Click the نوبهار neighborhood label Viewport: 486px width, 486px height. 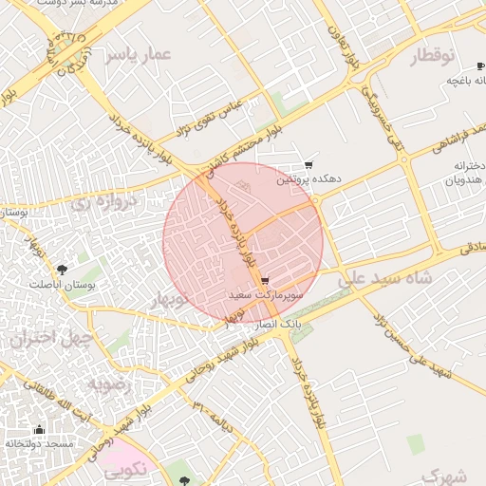169,300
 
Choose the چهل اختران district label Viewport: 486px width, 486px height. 51,338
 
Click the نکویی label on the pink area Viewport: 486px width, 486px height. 125,467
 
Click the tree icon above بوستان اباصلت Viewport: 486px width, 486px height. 63,269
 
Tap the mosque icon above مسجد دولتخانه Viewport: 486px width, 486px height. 39,429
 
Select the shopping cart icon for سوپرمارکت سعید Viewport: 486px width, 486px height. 265,281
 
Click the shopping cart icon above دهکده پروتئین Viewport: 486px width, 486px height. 308,165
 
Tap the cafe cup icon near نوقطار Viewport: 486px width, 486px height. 454,80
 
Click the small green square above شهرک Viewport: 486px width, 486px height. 415,443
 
